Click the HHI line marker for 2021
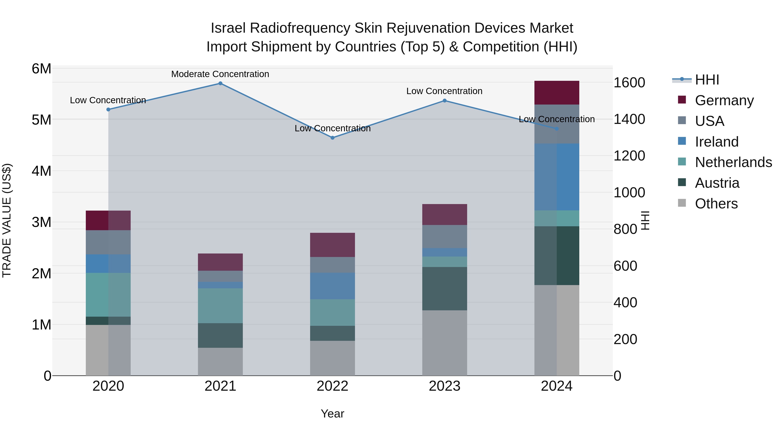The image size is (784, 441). (x=220, y=83)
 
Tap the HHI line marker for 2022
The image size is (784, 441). (x=332, y=138)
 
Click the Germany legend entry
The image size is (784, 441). (x=724, y=100)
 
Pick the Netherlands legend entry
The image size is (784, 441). (x=733, y=162)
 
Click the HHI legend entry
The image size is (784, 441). (x=707, y=80)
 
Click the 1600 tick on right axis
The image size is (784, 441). (x=629, y=83)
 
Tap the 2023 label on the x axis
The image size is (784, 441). (x=444, y=386)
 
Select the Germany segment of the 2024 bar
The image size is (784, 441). (x=557, y=93)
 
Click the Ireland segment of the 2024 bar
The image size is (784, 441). (x=557, y=177)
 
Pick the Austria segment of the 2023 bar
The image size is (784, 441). (x=444, y=289)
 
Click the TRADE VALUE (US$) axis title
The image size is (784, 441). (x=7, y=220)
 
